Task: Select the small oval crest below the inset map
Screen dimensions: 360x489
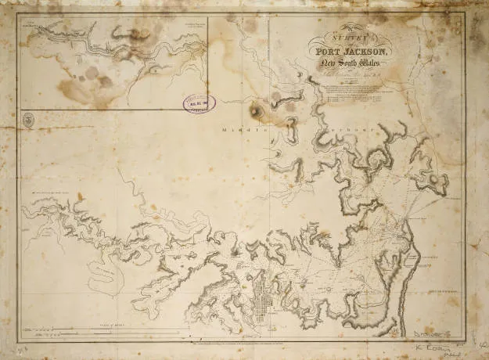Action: (28, 120)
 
